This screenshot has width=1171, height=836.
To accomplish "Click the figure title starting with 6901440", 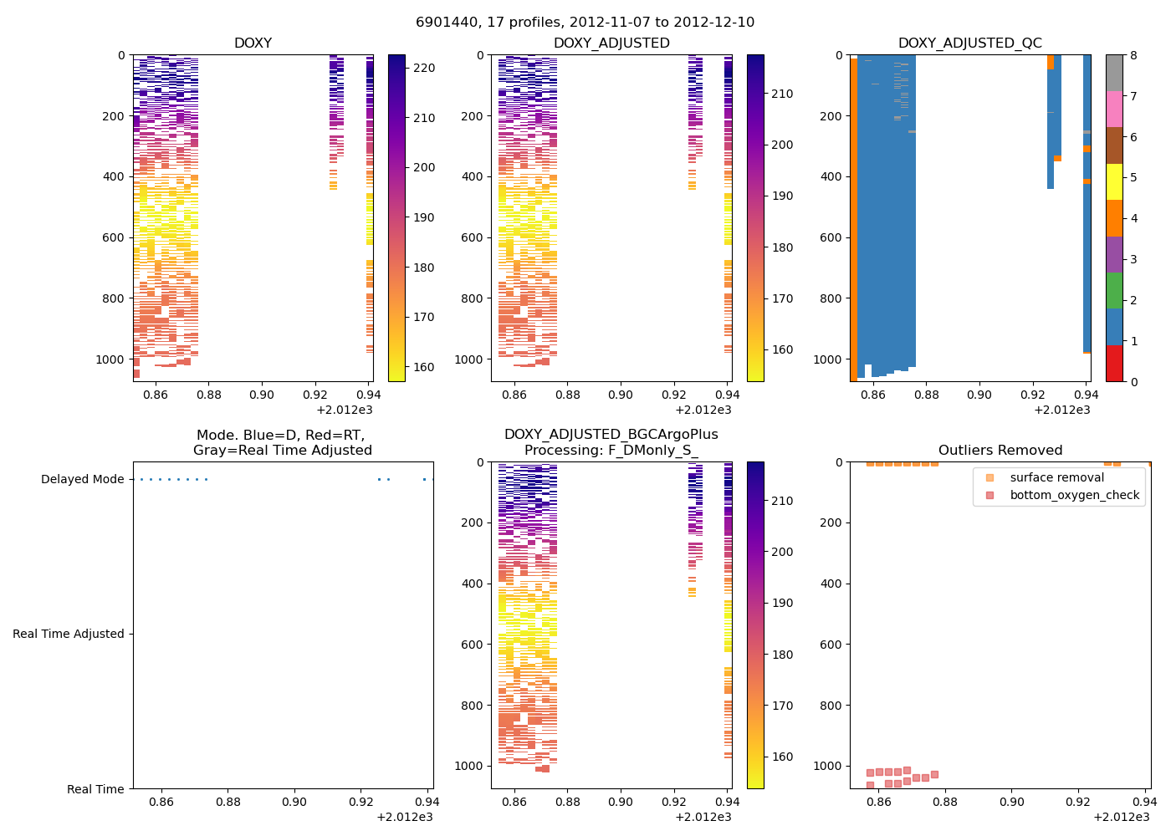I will (x=585, y=23).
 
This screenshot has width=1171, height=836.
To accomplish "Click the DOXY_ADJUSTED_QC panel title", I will (x=969, y=43).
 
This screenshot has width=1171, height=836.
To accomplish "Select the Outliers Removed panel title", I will (x=1000, y=451).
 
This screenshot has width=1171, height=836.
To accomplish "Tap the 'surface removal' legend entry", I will (x=1056, y=478).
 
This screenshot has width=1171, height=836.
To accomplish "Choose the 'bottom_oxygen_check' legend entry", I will (x=1074, y=496).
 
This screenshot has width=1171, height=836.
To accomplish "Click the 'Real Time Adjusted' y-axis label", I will (x=69, y=635).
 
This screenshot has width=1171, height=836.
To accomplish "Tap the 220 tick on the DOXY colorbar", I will (x=424, y=69).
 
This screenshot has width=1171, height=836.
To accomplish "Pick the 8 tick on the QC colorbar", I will (x=1133, y=55).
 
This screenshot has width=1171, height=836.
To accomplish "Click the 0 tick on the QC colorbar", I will (x=1133, y=382).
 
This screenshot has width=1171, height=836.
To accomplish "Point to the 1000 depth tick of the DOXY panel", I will (x=110, y=359).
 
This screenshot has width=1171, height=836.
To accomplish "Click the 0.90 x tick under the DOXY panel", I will (x=262, y=395).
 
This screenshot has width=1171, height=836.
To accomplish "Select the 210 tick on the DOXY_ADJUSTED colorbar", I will (x=782, y=94).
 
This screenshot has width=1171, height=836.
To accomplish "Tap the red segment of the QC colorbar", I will (x=1114, y=364).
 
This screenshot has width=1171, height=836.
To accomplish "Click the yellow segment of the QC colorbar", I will (x=1114, y=182).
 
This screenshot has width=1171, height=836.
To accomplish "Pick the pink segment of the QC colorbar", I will (x=1114, y=110).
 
